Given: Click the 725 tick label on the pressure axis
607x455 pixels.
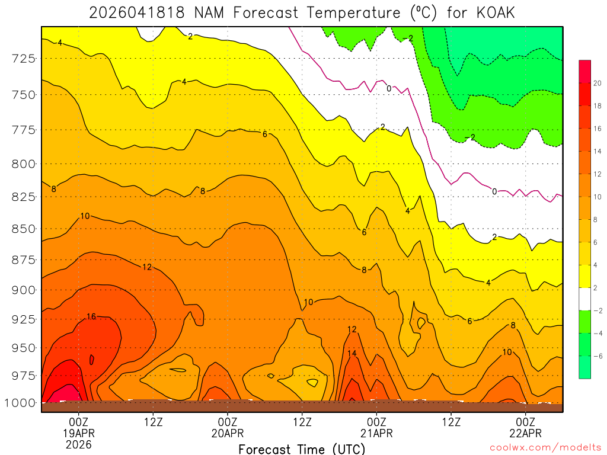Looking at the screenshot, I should [24, 58].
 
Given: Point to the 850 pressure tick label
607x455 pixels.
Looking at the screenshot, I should [24, 229].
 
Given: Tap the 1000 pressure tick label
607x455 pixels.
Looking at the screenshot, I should [21, 403].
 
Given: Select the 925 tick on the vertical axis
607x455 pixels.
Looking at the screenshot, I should [24, 319].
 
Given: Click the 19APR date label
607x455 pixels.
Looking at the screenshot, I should [79, 433].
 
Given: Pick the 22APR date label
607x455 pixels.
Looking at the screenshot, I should [526, 433].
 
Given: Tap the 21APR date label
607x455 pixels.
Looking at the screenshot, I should [376, 433].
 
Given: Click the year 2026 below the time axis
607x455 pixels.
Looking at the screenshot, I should [79, 444].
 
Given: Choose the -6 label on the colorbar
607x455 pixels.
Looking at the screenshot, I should [597, 356].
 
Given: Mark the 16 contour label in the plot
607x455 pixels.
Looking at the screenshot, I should [91, 316].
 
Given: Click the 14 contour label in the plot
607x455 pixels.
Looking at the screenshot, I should [352, 354].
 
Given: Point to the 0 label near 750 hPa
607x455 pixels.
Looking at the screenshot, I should [389, 88].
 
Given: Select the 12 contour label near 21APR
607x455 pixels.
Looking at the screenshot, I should [352, 329].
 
